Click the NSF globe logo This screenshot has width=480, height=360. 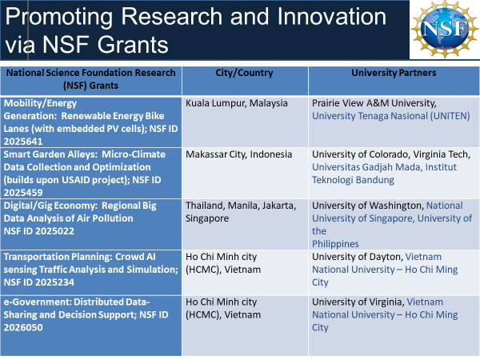[x=445, y=30]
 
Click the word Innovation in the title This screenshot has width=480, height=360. [x=332, y=17]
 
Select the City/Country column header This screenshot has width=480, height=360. [x=244, y=73]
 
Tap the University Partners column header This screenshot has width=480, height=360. [x=394, y=73]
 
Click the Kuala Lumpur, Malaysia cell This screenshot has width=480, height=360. [x=237, y=103]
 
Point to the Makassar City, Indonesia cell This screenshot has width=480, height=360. [x=238, y=154]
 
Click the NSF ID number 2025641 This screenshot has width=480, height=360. [x=23, y=142]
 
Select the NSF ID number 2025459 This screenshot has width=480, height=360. [x=23, y=193]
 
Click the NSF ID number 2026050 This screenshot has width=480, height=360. [x=23, y=327]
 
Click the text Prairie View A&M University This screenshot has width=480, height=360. [x=374, y=103]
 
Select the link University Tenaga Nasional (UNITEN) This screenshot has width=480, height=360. [x=391, y=116]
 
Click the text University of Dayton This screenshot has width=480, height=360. [x=358, y=257]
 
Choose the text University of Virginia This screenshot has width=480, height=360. [x=358, y=302]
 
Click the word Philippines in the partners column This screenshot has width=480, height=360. [x=335, y=244]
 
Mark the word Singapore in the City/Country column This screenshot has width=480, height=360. [x=207, y=218]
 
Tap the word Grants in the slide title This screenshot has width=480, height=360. [x=133, y=45]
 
